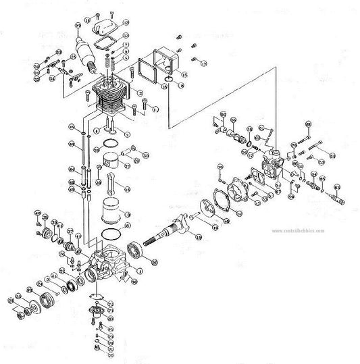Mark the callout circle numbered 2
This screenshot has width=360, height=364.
[140, 92]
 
